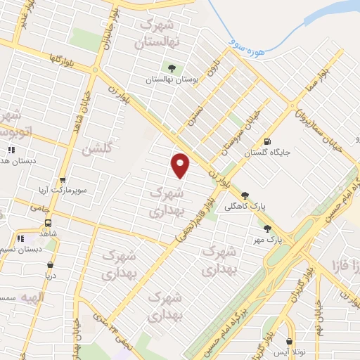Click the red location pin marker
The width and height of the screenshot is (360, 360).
[181, 165]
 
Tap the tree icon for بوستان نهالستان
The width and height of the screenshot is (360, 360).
[171, 68]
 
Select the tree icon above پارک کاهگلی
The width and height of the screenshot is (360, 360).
[245, 195]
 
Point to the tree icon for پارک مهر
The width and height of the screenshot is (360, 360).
[266, 228]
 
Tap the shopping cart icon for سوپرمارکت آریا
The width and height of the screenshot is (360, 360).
[62, 181]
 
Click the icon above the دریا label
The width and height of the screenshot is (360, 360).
[50, 265]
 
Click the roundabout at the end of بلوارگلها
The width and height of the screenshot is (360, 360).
[96, 70]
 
